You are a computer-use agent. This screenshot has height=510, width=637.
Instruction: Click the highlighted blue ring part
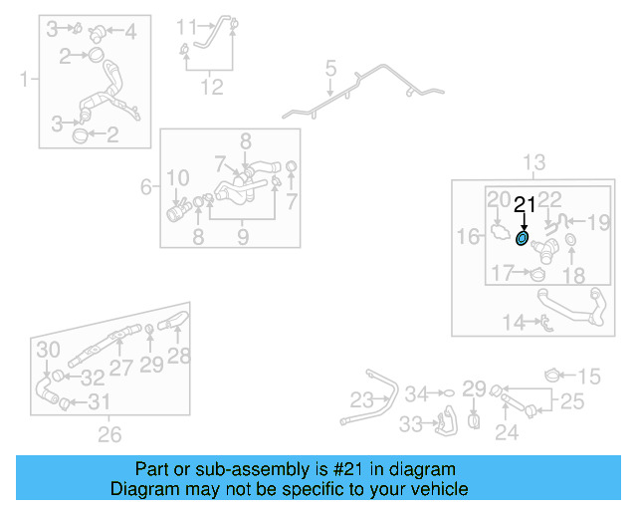click(x=523, y=239)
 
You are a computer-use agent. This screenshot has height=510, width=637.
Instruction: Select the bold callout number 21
click(x=525, y=206)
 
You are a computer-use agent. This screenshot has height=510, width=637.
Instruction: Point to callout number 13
click(x=534, y=162)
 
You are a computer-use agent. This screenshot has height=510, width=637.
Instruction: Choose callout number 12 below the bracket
click(x=211, y=87)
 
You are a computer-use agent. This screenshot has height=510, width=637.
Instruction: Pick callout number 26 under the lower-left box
click(x=109, y=433)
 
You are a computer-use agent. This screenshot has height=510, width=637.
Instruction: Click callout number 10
click(x=177, y=178)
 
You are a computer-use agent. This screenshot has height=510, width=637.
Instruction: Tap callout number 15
click(x=590, y=376)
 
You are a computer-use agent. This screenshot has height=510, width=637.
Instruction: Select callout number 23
click(x=361, y=400)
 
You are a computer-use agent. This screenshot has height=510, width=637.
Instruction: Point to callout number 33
click(x=410, y=423)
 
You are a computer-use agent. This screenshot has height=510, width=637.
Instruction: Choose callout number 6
click(x=146, y=186)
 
